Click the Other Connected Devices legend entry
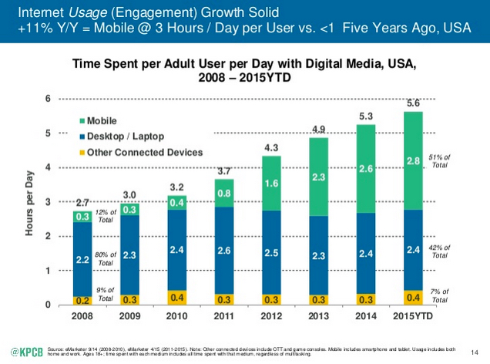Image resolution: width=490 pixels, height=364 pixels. pyautogui.click(x=139, y=153)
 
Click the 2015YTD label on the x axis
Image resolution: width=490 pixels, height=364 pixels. pyautogui.click(x=413, y=317)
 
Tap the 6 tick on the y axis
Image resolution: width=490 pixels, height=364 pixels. pyautogui.click(x=48, y=99)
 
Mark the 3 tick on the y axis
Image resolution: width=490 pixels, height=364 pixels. pyautogui.click(x=48, y=202)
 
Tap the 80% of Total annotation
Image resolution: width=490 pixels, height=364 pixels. pyautogui.click(x=106, y=258)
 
